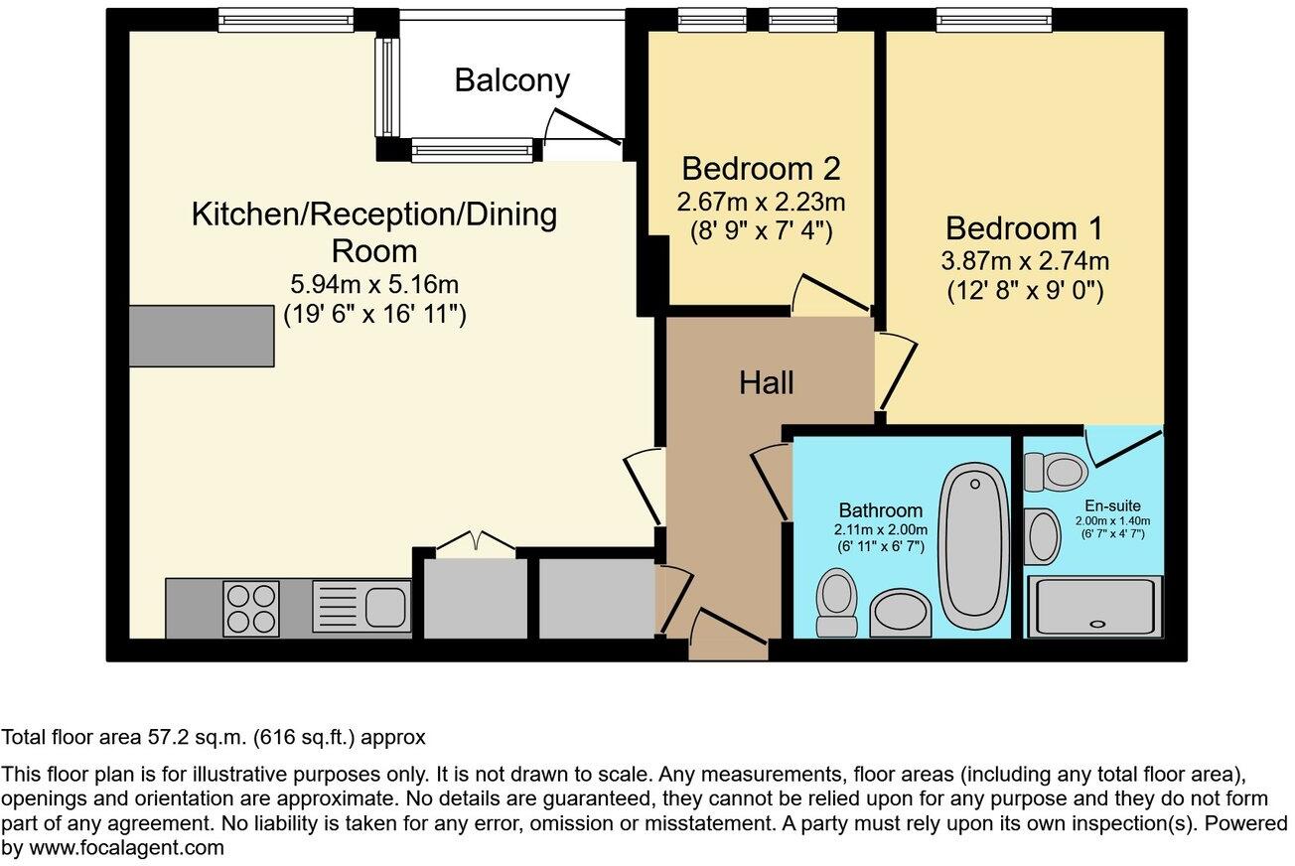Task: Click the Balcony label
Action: coord(511,79)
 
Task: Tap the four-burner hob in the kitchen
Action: coord(251,608)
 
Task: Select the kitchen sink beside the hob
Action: coord(361,607)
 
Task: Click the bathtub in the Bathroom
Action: coord(973,547)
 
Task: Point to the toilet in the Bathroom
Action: coord(836,602)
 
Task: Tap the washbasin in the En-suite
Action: coord(1042,536)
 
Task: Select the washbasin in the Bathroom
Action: coord(901,613)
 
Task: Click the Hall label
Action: coord(766,382)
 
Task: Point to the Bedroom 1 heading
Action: coord(1023,228)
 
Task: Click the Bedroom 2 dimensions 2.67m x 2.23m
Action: coord(761,203)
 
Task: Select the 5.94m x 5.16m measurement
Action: coord(373,286)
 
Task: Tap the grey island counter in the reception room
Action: coord(202,336)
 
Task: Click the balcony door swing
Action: coord(581,129)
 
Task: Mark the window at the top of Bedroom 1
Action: coord(993,20)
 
